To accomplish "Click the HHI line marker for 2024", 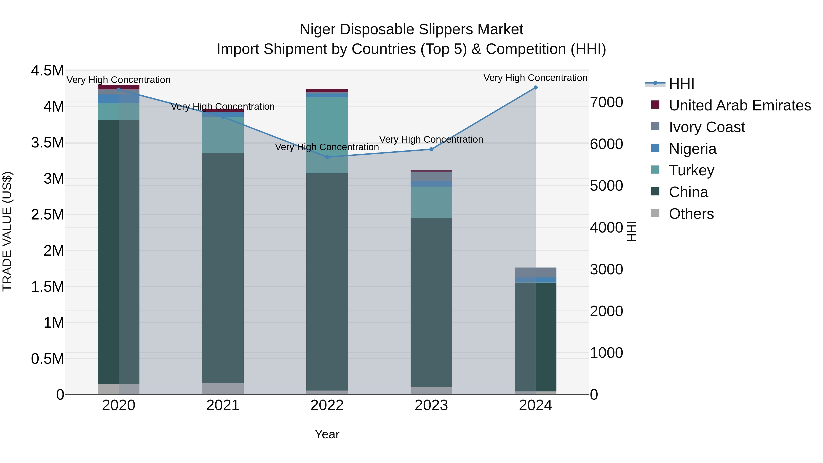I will point(535,88).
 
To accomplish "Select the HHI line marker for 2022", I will point(327,157).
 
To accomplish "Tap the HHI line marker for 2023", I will point(431,149).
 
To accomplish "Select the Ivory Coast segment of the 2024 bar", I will point(535,272).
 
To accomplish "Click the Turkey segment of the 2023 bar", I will point(431,202).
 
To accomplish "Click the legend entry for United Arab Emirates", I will point(740,105).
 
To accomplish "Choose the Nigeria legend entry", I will point(692,149).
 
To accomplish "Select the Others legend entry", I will point(691,214).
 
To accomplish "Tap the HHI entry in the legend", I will point(681,84).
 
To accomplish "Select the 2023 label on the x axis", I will point(431,405).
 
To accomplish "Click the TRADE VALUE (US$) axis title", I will point(7,231).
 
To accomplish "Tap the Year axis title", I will point(327,434).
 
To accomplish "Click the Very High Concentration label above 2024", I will point(535,78).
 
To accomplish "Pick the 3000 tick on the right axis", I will point(606,269).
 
